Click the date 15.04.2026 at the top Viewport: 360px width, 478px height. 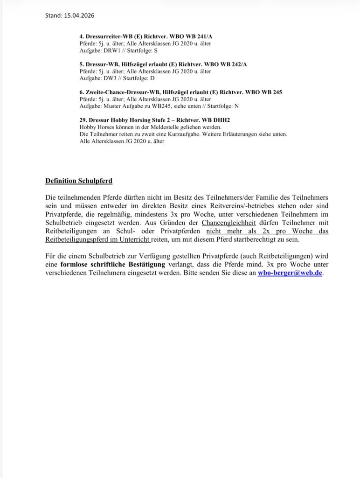click(x=77, y=15)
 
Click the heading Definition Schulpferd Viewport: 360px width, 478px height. click(x=79, y=181)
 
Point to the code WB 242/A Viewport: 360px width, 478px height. click(x=231, y=64)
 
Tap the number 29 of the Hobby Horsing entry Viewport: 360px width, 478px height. click(x=82, y=120)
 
